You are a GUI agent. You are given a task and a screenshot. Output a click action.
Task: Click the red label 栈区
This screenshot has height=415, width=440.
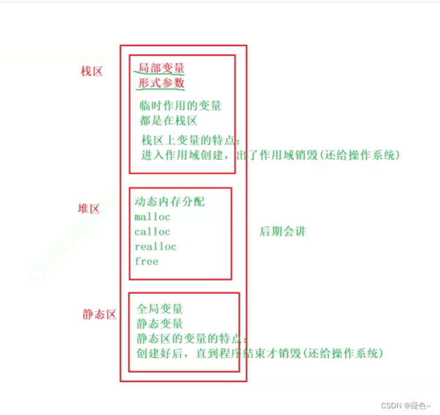tap(92, 71)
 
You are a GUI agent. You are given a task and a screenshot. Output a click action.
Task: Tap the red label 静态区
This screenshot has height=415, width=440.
tap(99, 315)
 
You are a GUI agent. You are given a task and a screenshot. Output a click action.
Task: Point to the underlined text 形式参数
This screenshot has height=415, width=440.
tap(161, 83)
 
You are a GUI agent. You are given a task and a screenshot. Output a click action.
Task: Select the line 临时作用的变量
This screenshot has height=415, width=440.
tap(181, 105)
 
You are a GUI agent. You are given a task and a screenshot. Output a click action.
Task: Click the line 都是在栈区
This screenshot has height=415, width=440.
tap(168, 120)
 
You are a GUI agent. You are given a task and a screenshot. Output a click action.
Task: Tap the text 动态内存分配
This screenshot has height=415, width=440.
tap(170, 201)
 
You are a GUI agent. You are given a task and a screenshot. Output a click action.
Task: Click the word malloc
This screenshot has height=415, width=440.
tap(153, 216)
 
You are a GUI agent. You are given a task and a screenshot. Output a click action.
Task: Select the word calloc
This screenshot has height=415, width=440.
tap(153, 231)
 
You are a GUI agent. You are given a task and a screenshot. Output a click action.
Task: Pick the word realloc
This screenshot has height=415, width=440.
tap(155, 247)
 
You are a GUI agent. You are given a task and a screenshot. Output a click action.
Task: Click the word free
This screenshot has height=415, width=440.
tap(146, 261)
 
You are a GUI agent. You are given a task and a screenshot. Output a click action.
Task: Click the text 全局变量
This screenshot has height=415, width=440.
tap(160, 309)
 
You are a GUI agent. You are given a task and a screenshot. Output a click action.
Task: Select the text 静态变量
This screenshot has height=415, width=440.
tap(160, 324)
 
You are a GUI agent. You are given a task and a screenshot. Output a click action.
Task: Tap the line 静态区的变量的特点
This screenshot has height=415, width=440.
tap(192, 338)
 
